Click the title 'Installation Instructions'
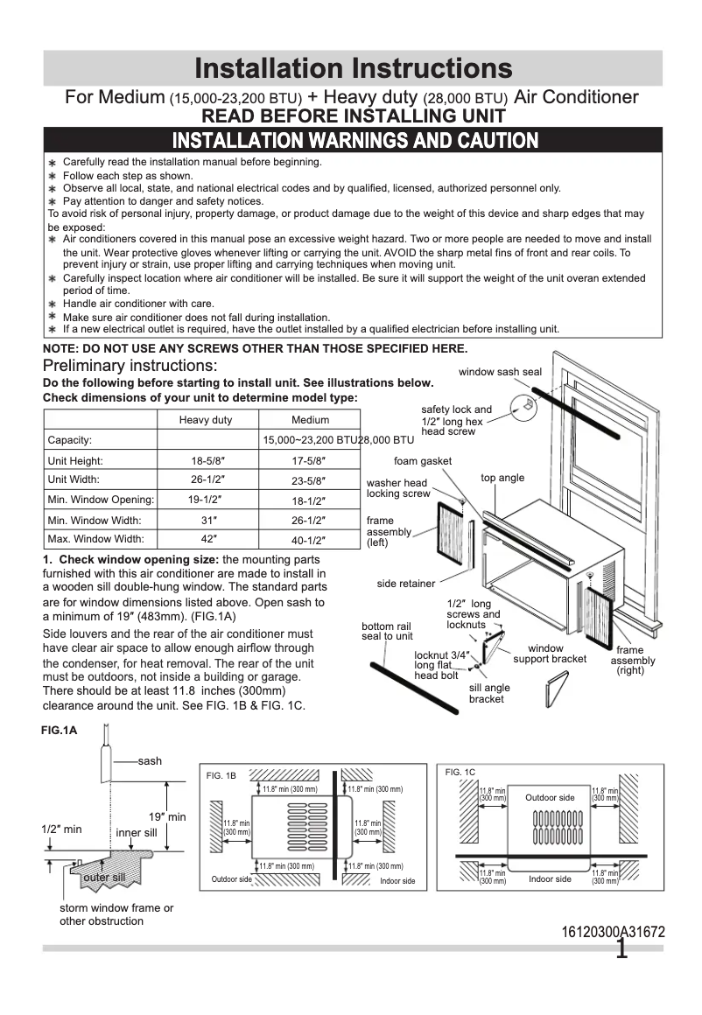tap(353, 68)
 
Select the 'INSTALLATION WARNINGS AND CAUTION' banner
tap(355, 140)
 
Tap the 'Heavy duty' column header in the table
tap(206, 420)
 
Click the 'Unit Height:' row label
tap(75, 460)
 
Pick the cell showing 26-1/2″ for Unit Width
tap(206, 479)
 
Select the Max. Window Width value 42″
tap(206, 539)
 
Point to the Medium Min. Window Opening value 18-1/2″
tap(308, 500)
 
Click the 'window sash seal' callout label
tap(500, 372)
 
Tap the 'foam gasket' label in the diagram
tap(423, 461)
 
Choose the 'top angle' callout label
tap(502, 478)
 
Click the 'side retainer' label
tap(406, 584)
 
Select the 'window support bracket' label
tap(550, 654)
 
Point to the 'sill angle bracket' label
tap(489, 693)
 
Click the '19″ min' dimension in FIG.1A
tap(166, 816)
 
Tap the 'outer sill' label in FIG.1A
tap(104, 877)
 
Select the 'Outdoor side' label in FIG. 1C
tap(550, 797)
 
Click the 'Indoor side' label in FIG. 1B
tap(397, 880)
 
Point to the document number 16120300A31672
tap(613, 932)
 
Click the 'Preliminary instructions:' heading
tap(130, 365)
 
